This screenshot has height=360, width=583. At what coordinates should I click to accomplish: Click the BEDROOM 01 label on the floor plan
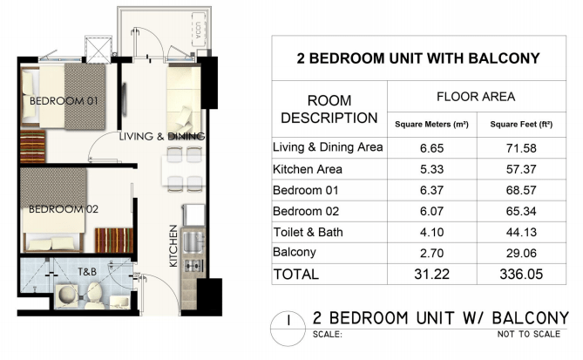pyautogui.click(x=64, y=101)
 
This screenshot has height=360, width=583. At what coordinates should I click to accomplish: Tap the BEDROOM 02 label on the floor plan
pyautogui.click(x=64, y=209)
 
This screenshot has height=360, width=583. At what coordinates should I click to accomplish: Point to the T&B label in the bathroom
pyautogui.click(x=87, y=272)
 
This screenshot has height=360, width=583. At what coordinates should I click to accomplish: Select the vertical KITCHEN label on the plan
pyautogui.click(x=173, y=246)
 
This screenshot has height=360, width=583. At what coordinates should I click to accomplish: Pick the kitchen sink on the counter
pyautogui.click(x=193, y=242)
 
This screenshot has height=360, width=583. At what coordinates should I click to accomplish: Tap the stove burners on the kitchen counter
pyautogui.click(x=193, y=266)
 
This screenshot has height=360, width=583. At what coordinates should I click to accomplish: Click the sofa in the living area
pyautogui.click(x=184, y=98)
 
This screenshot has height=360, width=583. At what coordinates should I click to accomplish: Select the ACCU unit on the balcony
pyautogui.click(x=199, y=30)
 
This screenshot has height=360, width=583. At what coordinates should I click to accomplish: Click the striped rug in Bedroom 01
pyautogui.click(x=33, y=146)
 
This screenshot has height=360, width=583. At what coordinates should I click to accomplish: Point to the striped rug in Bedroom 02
pyautogui.click(x=114, y=241)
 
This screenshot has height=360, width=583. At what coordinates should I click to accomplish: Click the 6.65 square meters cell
pyautogui.click(x=432, y=148)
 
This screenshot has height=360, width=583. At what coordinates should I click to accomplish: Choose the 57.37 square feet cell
pyautogui.click(x=521, y=170)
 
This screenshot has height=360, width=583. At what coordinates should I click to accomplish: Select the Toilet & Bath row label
pyautogui.click(x=308, y=233)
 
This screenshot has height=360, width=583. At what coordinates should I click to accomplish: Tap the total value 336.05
pyautogui.click(x=521, y=275)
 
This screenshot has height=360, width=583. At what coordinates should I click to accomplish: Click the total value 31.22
pyautogui.click(x=432, y=275)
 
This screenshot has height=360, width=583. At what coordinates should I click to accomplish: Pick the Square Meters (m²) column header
pyautogui.click(x=431, y=125)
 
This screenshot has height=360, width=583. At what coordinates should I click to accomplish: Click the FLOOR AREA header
pyautogui.click(x=476, y=97)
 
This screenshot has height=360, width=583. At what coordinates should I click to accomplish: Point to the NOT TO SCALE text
pyautogui.click(x=529, y=334)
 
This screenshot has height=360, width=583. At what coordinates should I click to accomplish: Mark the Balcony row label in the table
pyautogui.click(x=295, y=252)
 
